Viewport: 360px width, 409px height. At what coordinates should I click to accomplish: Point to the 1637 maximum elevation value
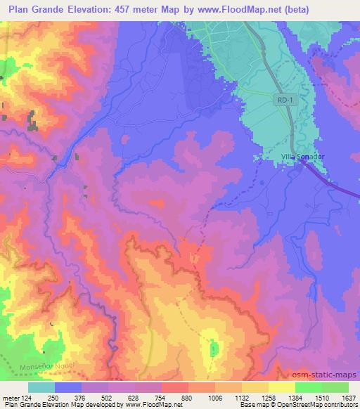348,397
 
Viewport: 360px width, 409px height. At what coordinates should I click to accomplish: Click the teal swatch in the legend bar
41,387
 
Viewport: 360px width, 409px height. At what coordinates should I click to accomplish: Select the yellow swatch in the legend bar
281,387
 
